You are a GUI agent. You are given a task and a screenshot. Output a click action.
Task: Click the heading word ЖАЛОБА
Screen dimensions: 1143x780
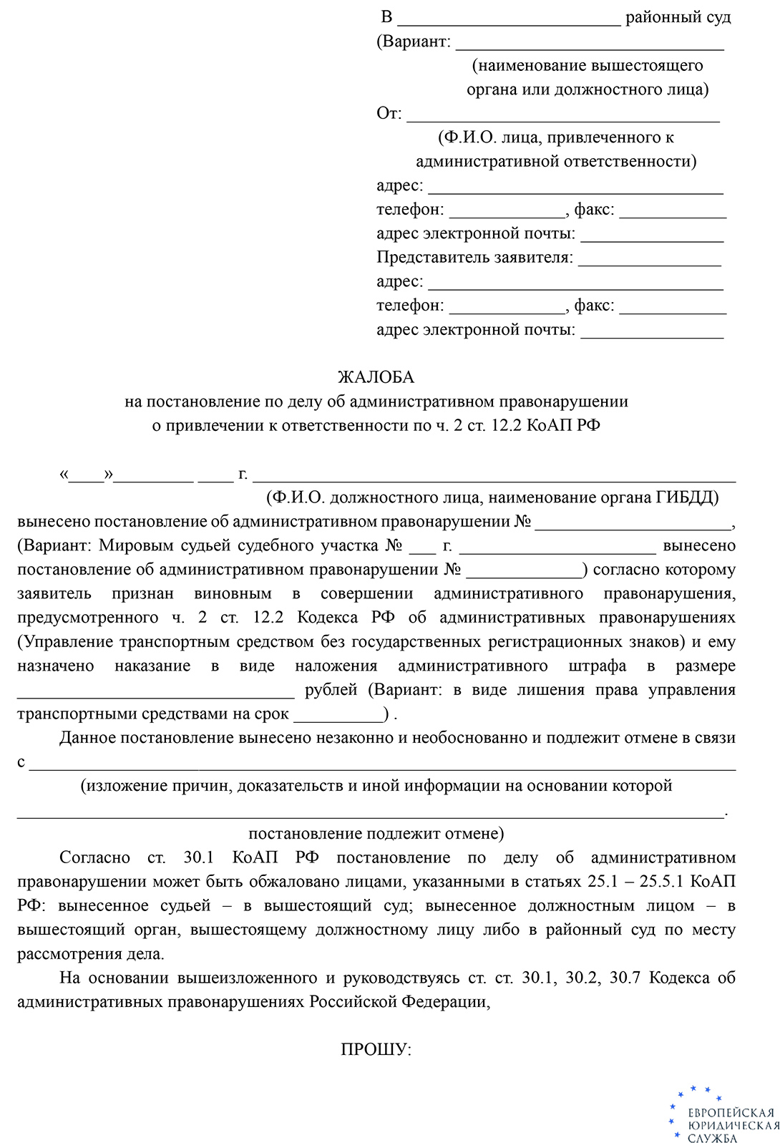click(x=376, y=377)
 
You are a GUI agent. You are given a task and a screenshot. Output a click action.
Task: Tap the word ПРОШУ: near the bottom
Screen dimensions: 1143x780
click(x=376, y=1050)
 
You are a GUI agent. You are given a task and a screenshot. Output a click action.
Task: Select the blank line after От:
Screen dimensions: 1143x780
click(x=562, y=115)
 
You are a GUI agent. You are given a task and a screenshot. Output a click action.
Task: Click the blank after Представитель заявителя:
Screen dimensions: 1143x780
click(x=649, y=259)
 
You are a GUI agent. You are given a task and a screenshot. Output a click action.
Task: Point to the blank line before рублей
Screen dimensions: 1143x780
click(x=155, y=691)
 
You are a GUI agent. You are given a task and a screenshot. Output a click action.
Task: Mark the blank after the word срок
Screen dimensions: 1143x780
click(x=338, y=715)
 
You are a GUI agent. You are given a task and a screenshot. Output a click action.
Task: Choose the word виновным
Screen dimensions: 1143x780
click(x=233, y=593)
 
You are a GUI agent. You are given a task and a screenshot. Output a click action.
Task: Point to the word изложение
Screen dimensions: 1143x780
click(x=122, y=786)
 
